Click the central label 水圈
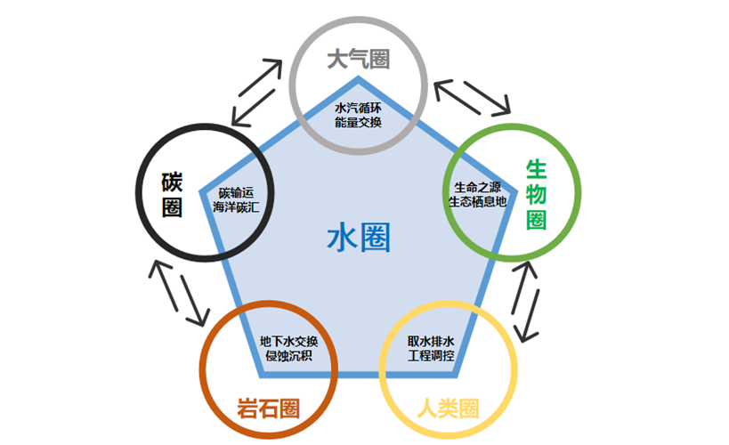359,239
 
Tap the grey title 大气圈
358,61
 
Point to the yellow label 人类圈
448,409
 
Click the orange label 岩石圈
267,409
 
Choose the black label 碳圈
172,193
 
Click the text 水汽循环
358,108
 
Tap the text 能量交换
358,122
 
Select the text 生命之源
476,187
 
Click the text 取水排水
431,342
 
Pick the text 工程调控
431,356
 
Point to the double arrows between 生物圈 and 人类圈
526,301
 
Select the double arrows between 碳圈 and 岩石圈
181,294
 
